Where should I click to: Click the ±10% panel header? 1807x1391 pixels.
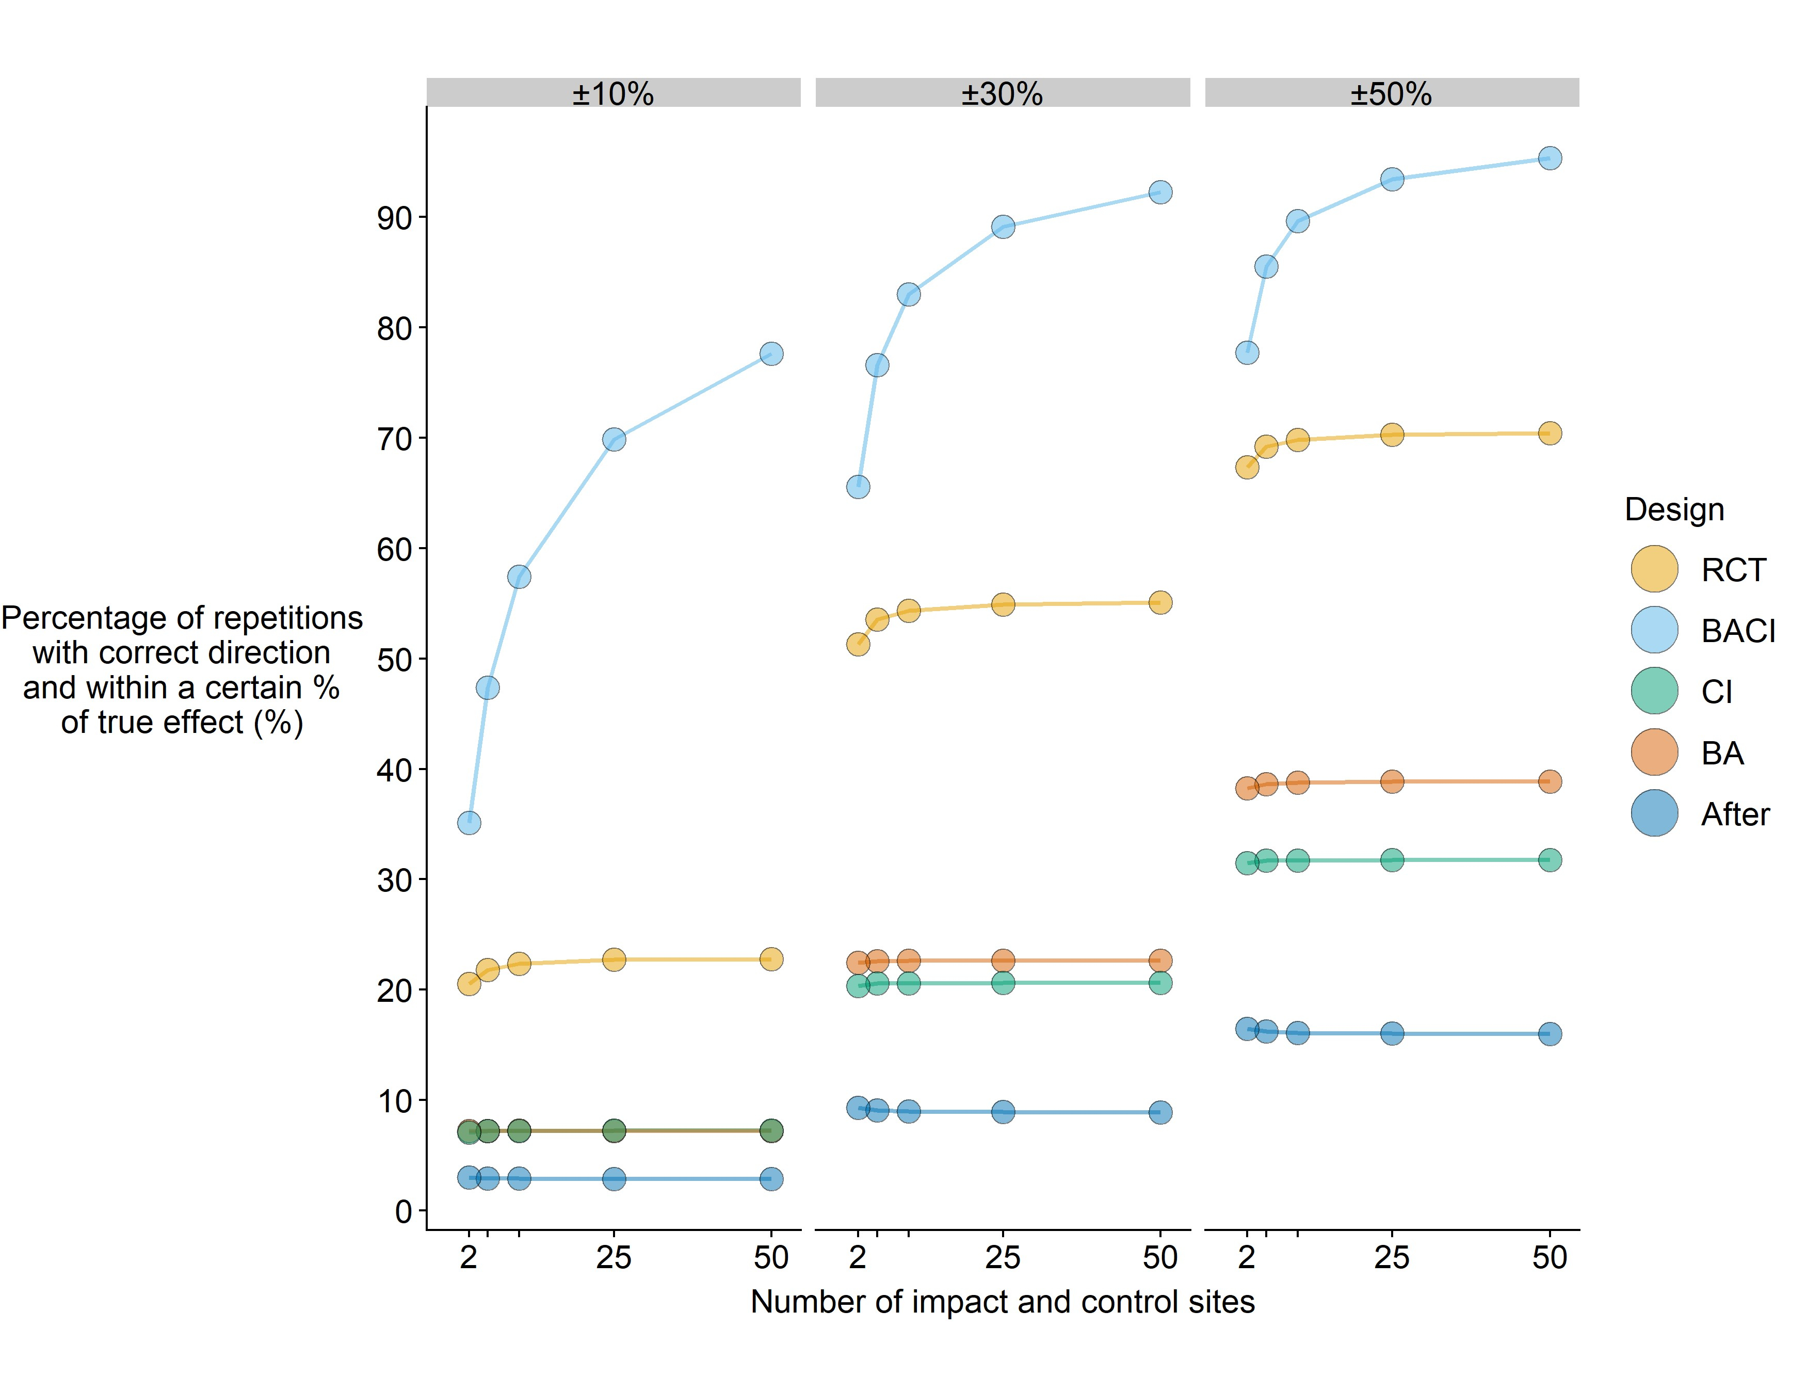(x=613, y=93)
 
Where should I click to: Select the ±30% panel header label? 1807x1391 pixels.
(x=1002, y=93)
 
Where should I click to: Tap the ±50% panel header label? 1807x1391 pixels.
(x=1391, y=93)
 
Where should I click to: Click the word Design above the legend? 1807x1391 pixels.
(x=1674, y=509)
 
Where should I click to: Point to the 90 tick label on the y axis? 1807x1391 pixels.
(x=394, y=218)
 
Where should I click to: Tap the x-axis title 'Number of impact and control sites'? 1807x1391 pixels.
(x=1002, y=1302)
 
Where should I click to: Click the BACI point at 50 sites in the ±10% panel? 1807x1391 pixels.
(x=771, y=354)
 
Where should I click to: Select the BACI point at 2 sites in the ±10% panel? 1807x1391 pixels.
(x=469, y=823)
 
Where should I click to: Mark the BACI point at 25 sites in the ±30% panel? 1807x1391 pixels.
(x=1003, y=227)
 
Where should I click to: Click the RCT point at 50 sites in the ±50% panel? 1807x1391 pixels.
(x=1550, y=433)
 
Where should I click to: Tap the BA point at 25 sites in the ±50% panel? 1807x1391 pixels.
(x=1392, y=781)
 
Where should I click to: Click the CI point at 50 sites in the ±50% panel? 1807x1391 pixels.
(x=1550, y=860)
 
